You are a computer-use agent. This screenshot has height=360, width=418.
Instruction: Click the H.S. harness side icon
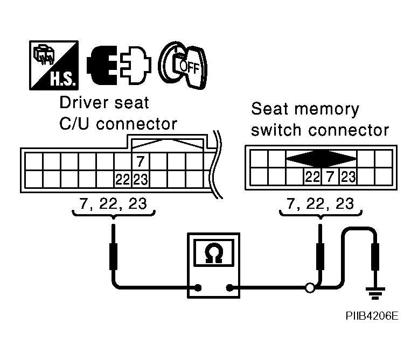point(54,65)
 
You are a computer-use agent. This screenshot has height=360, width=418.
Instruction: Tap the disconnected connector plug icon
point(119,65)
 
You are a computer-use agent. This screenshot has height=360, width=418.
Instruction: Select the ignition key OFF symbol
point(183,66)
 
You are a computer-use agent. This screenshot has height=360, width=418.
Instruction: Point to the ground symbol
point(375,293)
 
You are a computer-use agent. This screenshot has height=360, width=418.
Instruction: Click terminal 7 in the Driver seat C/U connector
point(141,161)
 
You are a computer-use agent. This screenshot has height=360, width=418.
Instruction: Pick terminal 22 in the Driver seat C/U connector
point(123,179)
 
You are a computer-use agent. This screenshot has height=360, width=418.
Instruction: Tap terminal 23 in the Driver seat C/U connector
point(141,179)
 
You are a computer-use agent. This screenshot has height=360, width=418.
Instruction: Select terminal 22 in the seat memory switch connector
point(312,177)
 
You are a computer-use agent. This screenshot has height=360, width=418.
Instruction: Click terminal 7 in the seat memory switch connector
point(330,177)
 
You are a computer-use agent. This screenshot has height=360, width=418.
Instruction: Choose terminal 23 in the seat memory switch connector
point(348,177)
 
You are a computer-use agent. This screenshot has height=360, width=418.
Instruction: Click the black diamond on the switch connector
point(321,159)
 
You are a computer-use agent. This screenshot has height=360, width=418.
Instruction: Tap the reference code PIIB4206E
point(372,316)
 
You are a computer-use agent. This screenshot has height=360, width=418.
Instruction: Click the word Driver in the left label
point(84,103)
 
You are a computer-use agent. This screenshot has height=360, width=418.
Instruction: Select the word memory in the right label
point(326,110)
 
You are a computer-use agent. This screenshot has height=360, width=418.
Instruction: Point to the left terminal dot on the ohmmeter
point(198,287)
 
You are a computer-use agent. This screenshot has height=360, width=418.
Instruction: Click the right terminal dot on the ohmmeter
point(229,287)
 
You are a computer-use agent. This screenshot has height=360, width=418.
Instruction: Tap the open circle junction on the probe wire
point(310,288)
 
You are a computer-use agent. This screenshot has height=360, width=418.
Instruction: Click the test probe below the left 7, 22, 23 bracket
point(113,248)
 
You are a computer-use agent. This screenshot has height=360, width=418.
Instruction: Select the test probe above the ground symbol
point(375,257)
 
